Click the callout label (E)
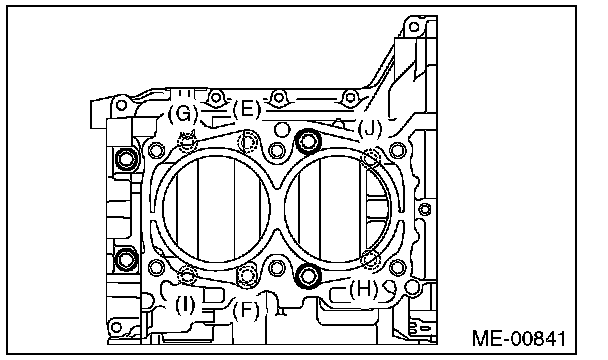(x=247, y=109)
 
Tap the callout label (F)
(x=246, y=310)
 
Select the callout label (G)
(x=183, y=114)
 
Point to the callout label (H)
(x=364, y=289)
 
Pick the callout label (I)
(x=185, y=305)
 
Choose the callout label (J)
(x=370, y=128)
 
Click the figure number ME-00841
(x=519, y=338)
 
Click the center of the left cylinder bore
(x=216, y=209)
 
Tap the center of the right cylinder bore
(x=337, y=209)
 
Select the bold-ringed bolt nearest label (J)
(x=308, y=141)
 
